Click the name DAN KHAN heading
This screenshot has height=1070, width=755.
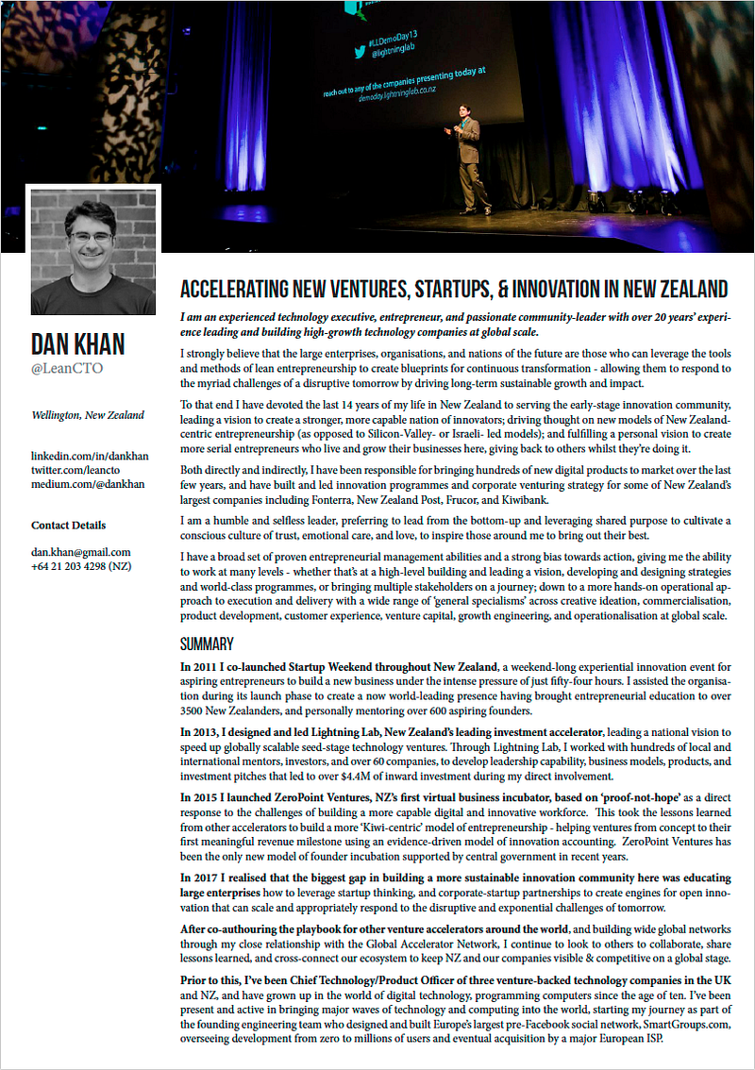(77, 344)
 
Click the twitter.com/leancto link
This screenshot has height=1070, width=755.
(78, 471)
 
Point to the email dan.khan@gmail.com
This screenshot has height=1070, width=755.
(80, 552)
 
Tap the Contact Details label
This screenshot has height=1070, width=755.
(68, 526)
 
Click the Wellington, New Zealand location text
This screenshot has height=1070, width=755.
(88, 414)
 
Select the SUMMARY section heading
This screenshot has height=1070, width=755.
(207, 644)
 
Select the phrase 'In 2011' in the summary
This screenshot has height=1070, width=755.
(200, 666)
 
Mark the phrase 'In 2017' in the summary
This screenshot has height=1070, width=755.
(200, 878)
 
